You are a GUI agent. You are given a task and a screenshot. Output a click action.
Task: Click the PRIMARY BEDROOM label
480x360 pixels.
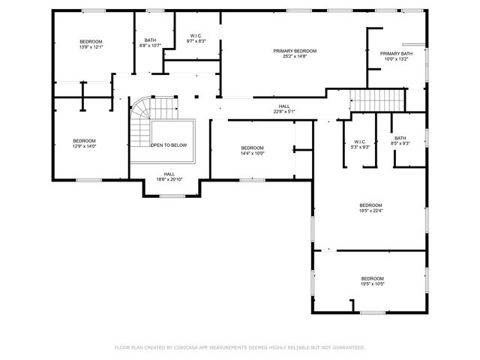(x=295, y=51)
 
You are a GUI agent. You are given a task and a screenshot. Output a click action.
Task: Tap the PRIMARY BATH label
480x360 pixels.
(x=395, y=54)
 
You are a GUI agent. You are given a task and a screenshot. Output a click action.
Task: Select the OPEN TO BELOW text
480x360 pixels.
(x=169, y=145)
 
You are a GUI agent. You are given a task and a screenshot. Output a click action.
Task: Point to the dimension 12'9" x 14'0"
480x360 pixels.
(x=84, y=146)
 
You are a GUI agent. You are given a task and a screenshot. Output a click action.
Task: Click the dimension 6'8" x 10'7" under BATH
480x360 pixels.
(x=150, y=46)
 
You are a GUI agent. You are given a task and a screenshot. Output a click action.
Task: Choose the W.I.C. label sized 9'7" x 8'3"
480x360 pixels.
(x=196, y=35)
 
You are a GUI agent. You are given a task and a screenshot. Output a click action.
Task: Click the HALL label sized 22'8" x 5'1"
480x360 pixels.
(x=284, y=106)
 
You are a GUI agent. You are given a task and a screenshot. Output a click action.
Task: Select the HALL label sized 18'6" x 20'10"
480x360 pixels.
(x=169, y=174)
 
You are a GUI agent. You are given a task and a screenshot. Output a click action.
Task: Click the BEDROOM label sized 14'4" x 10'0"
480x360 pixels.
(x=252, y=148)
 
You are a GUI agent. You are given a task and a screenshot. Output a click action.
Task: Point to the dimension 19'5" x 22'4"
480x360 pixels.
(x=370, y=211)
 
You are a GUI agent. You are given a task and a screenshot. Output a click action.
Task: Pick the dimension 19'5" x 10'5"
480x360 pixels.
(x=372, y=284)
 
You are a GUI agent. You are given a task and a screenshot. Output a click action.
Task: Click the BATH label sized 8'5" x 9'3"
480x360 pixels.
(x=400, y=138)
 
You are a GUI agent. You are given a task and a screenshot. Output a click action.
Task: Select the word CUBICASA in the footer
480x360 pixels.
(x=193, y=348)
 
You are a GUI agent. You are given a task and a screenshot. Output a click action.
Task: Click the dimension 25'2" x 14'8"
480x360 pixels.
(x=295, y=56)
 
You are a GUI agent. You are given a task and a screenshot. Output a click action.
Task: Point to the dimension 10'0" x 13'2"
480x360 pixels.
(x=395, y=59)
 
